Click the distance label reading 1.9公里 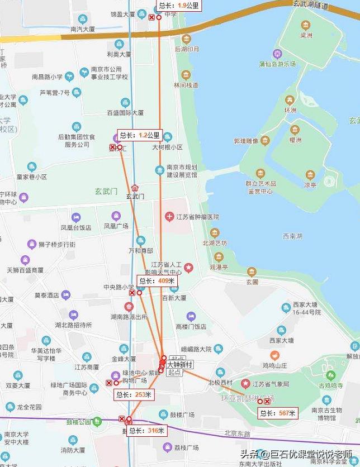pyautogui.click(x=178, y=6)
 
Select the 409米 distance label pyautogui.click(x=157, y=281)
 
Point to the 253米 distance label pyautogui.click(x=132, y=394)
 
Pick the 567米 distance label pyautogui.click(x=278, y=413)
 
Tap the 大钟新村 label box pyautogui.click(x=179, y=364)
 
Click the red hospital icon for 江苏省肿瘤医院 pyautogui.click(x=169, y=216)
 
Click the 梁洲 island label pyautogui.click(x=306, y=35)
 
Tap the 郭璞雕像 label pyautogui.click(x=246, y=141)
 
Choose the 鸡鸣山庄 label pyautogui.click(x=274, y=365)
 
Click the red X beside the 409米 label pyautogui.click(x=132, y=292)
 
